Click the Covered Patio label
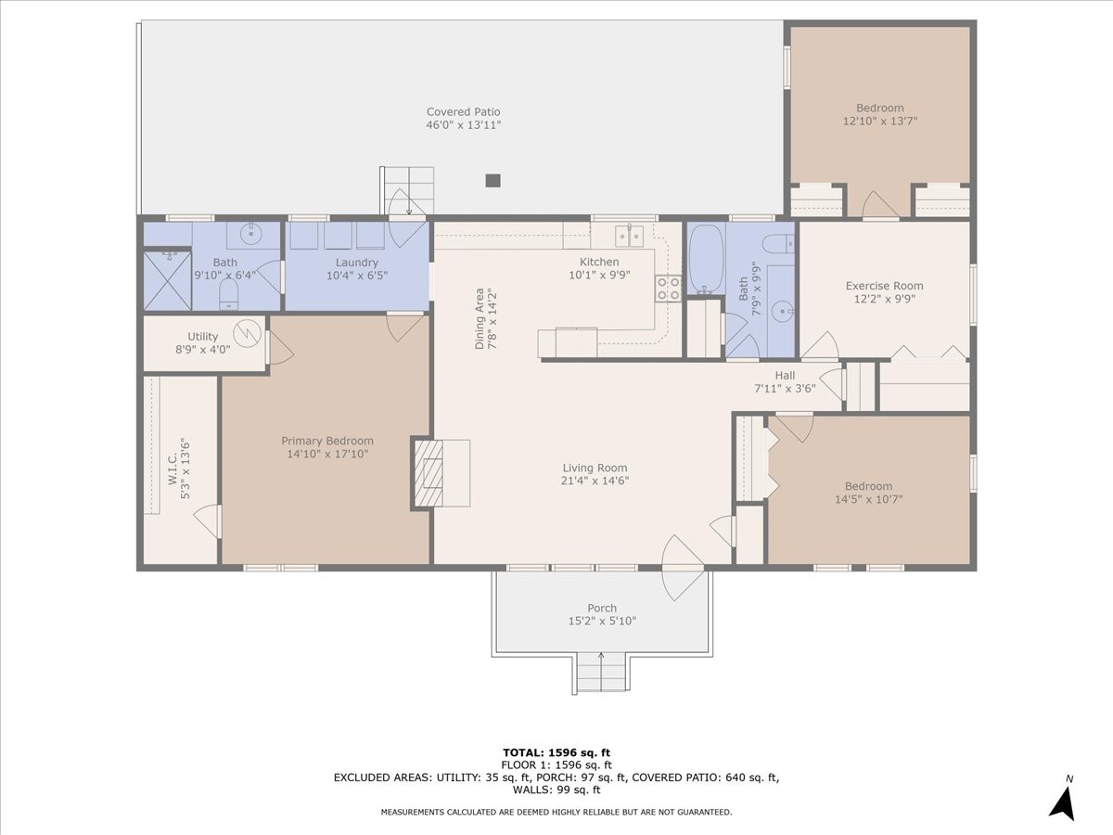(x=463, y=111)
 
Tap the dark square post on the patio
(x=493, y=181)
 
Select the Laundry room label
(x=357, y=263)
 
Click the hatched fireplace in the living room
(x=429, y=473)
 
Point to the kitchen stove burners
(x=668, y=289)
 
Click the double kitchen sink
(x=629, y=237)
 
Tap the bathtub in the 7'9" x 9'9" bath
(x=706, y=259)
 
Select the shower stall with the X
(x=168, y=280)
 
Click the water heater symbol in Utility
(x=247, y=335)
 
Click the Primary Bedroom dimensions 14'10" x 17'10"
(x=327, y=454)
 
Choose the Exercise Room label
(x=884, y=286)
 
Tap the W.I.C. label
(x=173, y=469)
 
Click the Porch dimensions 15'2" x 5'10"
(x=602, y=621)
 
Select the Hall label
(x=785, y=375)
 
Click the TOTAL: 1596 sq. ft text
(x=556, y=752)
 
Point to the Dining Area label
(x=480, y=319)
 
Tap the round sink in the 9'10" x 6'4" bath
(x=250, y=234)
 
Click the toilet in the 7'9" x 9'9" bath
(x=778, y=244)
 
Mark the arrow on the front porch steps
(x=601, y=671)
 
